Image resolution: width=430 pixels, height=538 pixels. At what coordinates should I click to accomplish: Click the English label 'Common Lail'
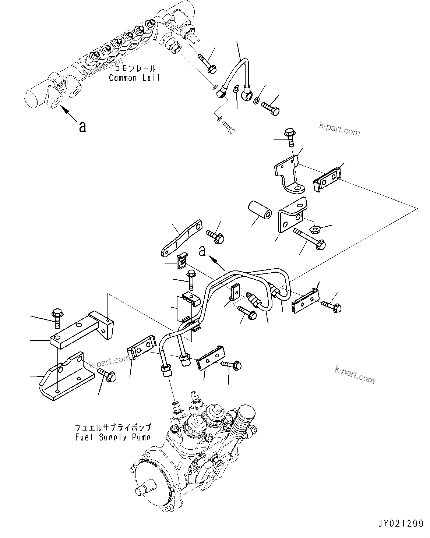tap(134, 78)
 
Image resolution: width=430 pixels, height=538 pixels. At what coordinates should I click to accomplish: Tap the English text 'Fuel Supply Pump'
tap(113, 437)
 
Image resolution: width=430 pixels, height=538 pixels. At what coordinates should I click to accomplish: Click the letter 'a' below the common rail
tap(83, 127)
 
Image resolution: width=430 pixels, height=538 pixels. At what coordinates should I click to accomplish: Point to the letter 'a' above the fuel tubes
tap(202, 251)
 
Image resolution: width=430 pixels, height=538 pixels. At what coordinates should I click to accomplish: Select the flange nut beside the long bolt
tap(316, 230)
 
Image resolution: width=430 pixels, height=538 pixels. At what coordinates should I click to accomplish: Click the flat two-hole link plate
tap(181, 238)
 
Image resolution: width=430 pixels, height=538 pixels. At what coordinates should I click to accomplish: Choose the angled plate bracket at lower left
tap(61, 377)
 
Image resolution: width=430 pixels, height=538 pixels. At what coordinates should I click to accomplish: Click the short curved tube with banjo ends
tap(236, 75)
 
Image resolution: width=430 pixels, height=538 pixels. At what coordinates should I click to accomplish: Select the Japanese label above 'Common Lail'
tap(135, 69)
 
